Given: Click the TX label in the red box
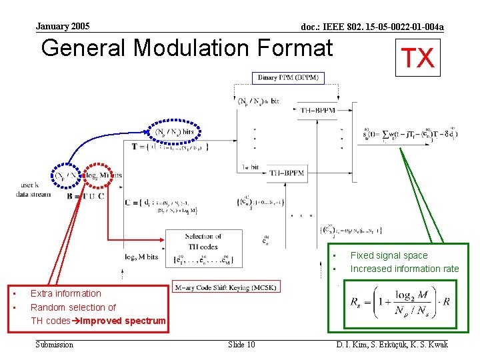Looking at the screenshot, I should pos(417,58).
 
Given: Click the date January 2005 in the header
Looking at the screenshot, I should pos(63,27).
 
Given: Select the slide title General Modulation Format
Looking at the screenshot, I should pos(187,49).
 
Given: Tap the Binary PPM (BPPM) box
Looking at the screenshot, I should pos(289,78).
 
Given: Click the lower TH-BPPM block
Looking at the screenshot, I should pos(287,173).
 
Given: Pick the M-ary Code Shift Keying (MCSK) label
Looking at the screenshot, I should pos(226,287).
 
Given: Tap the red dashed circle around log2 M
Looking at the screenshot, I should pos(98,175).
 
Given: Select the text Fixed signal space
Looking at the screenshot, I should pos(389,255).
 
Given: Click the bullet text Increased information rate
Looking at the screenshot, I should pos(405,269).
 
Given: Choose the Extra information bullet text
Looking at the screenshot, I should pos(66,293).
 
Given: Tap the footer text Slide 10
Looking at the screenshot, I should pos(241,344).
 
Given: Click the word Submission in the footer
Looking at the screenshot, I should pos(55,344).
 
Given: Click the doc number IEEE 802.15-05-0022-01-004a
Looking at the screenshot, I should pos(372,27).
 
